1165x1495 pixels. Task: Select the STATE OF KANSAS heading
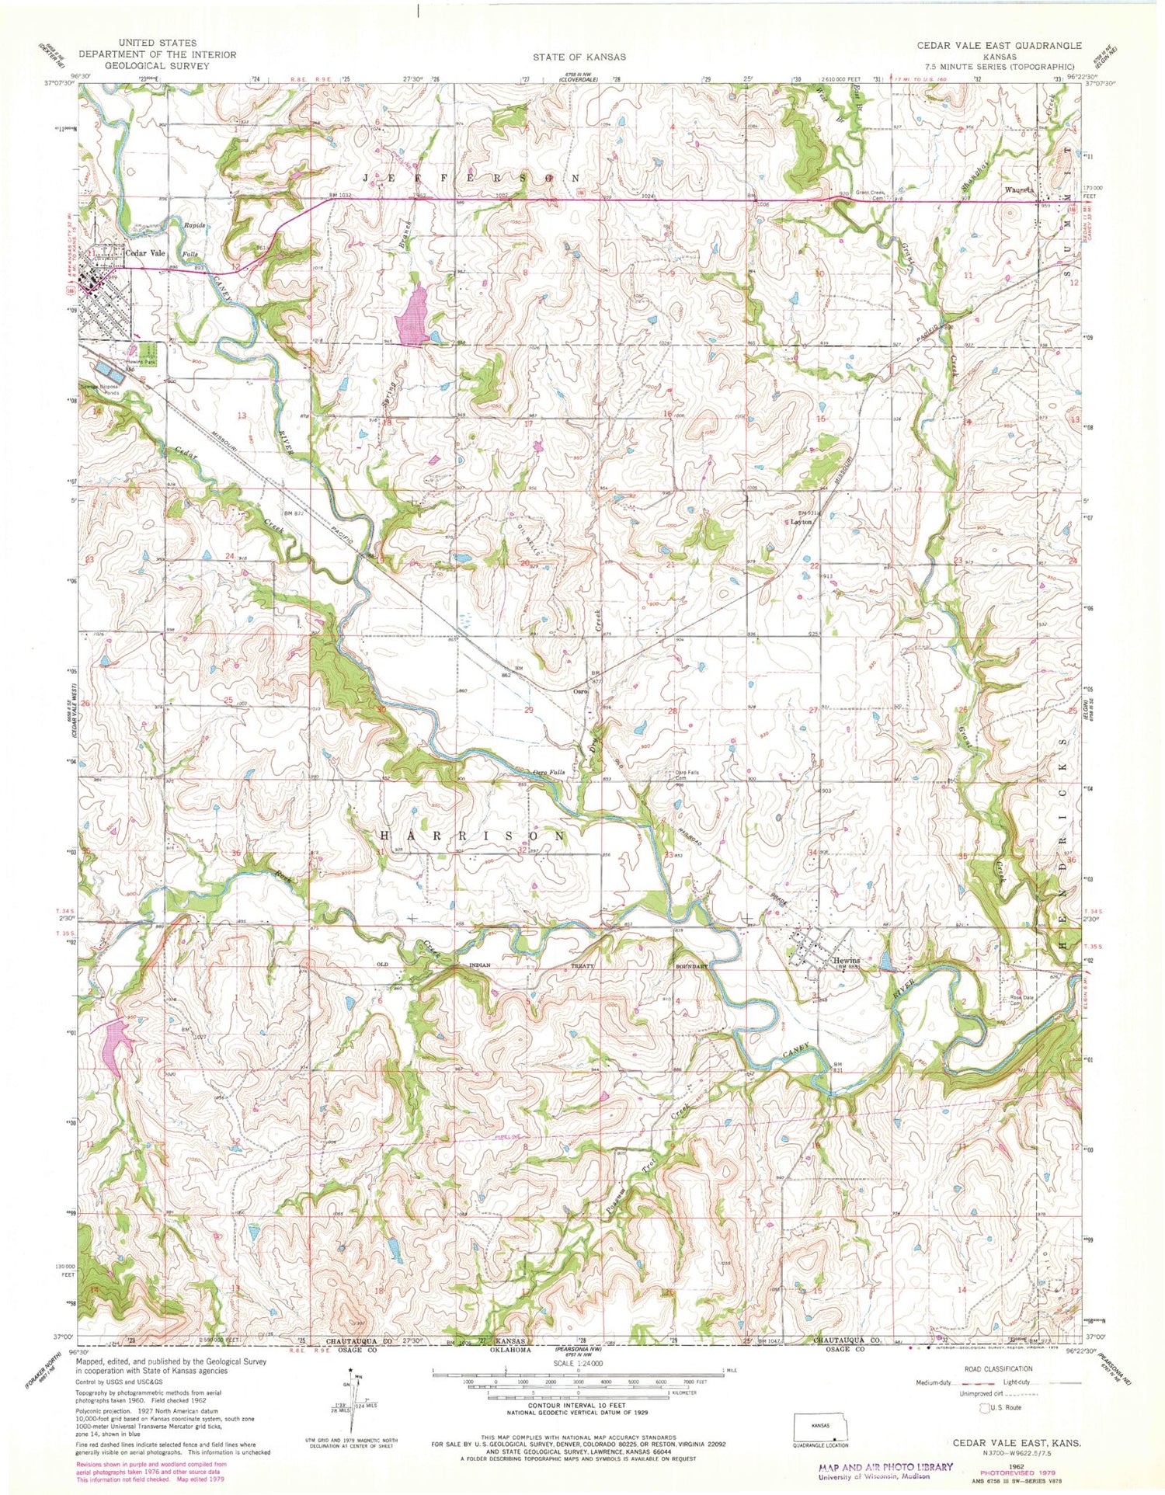(x=579, y=57)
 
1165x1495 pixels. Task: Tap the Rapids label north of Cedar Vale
(x=193, y=225)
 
